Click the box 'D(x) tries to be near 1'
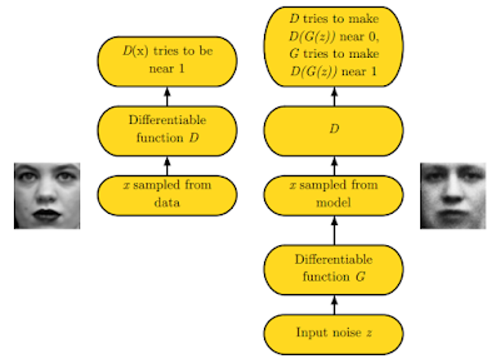(x=167, y=61)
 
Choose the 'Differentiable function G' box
(x=333, y=269)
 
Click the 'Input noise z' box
(x=333, y=333)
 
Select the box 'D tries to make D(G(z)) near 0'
(x=333, y=46)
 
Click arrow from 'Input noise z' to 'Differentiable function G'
(x=334, y=305)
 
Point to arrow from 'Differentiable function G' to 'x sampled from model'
(x=334, y=230)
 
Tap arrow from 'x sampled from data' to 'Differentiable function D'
(x=167, y=166)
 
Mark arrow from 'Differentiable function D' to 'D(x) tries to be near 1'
(x=167, y=96)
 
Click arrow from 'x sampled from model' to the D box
(x=334, y=166)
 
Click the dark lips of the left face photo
(x=46, y=215)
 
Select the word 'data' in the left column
(x=167, y=203)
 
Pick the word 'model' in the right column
(x=333, y=203)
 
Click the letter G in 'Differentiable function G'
(x=360, y=277)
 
